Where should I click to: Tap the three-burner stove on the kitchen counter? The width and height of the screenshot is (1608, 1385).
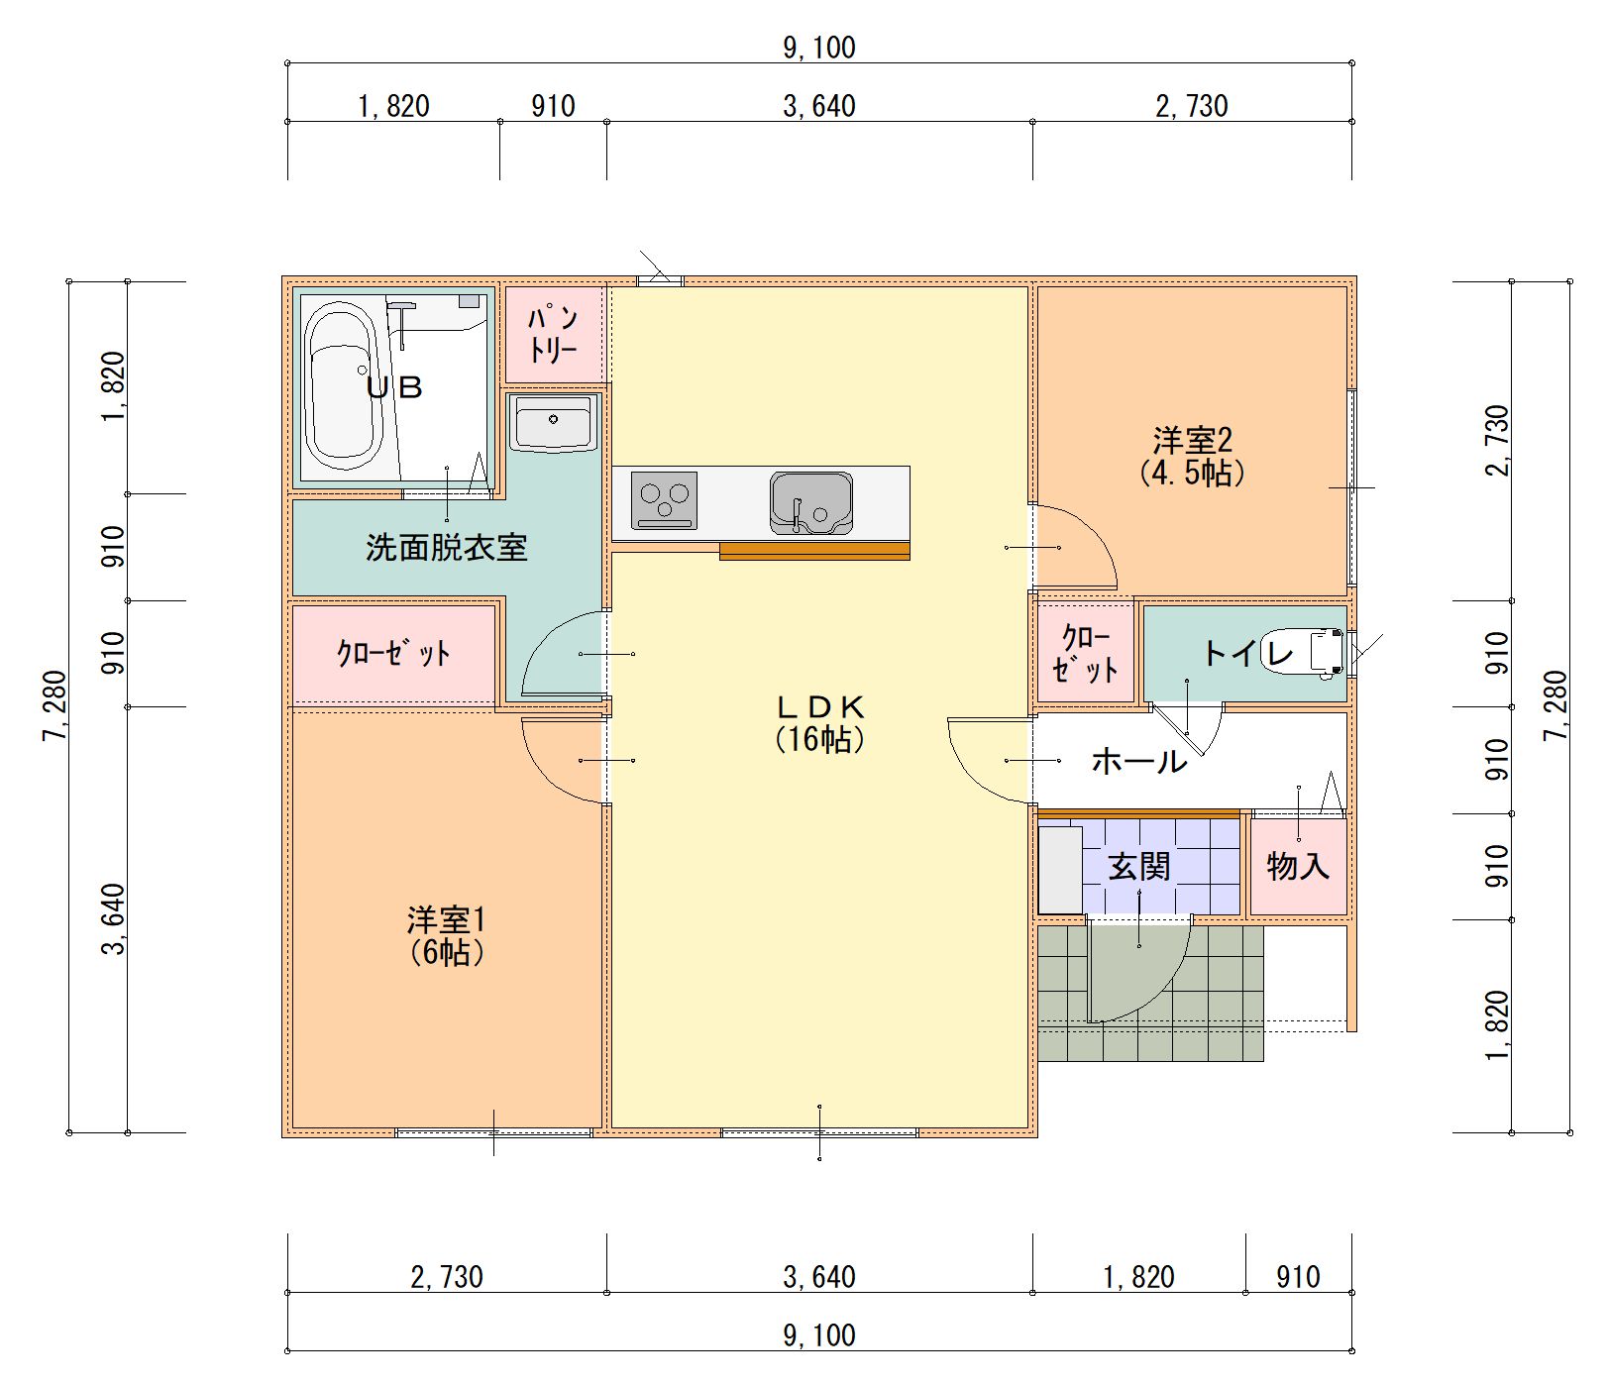click(664, 500)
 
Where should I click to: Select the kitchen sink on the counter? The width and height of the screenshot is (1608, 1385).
click(810, 502)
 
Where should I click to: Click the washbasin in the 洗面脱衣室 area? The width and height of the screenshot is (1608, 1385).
click(553, 423)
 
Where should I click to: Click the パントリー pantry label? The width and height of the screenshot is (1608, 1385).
click(553, 335)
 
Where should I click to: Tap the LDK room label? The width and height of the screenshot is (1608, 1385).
click(819, 721)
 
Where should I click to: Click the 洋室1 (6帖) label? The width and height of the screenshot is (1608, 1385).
click(446, 935)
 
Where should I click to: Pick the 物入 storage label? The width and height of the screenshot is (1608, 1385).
click(1297, 866)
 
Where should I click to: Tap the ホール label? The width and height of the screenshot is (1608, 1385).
click(1138, 761)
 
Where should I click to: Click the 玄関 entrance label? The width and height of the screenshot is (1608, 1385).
click(1139, 867)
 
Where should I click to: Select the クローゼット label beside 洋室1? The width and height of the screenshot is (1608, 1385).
click(393, 654)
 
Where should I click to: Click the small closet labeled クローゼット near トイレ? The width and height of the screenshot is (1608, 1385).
click(1085, 653)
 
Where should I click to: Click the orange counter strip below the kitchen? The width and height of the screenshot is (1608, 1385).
click(814, 552)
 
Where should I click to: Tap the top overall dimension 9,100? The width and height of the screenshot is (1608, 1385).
click(819, 48)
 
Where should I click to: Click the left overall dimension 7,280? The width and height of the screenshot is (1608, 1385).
click(55, 705)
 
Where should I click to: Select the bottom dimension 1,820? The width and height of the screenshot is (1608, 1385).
click(1138, 1277)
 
